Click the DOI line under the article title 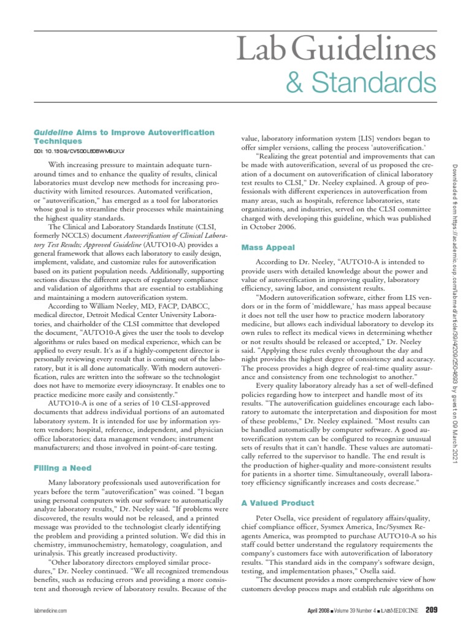coord(78,150)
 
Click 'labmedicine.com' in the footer coord(48,610)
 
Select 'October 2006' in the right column coord(266,226)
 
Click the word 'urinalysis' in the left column coord(52,543)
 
